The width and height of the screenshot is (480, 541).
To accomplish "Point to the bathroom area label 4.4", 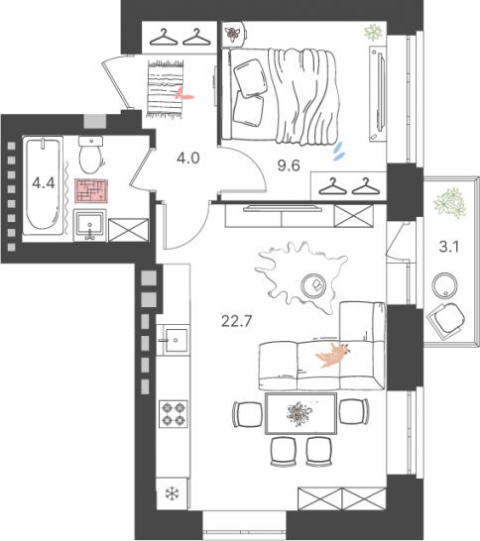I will (x=44, y=182).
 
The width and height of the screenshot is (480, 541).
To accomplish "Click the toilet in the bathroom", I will (x=90, y=156).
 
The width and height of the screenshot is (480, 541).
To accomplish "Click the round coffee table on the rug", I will (x=315, y=283).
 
